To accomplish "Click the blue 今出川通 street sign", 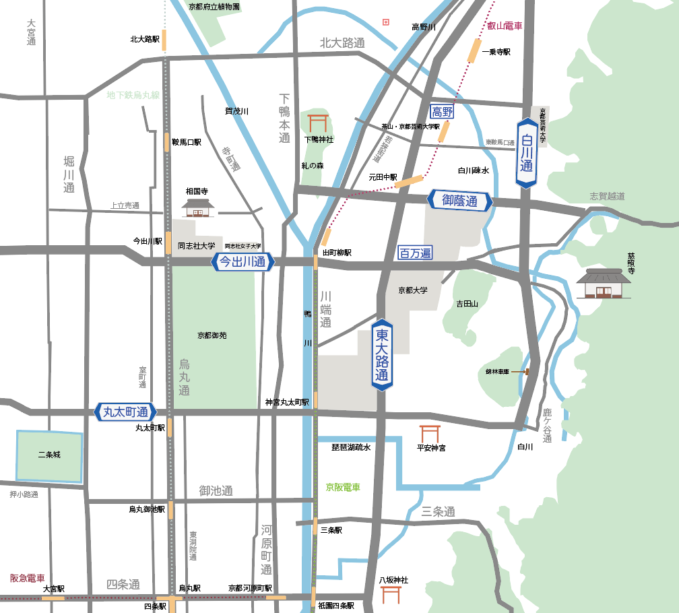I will coord(243,262).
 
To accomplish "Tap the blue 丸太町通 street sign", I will coord(125,412).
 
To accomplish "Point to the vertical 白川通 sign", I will coord(526,154).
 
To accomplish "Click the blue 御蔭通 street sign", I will coord(459,201).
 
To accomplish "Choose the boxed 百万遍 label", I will coord(415,253).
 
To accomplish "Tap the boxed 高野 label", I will coord(443,112).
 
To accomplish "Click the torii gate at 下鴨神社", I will coord(318,123).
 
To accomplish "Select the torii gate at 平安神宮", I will coord(430,433).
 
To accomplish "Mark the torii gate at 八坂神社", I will coord(391,595).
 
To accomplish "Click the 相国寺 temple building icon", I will coord(197,207).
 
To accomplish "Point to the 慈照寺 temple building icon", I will coord(604,283).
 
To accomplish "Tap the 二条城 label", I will coord(49,455).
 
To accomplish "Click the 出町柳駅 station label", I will coord(337,253).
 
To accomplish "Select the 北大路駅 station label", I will coord(145,40).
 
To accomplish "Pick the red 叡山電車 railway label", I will coord(505,27).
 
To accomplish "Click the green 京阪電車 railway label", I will coord(343,487).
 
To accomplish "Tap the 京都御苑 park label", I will coord(212,335).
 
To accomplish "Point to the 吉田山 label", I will coord(467,304).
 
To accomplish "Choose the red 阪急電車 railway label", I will coord(28,578).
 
